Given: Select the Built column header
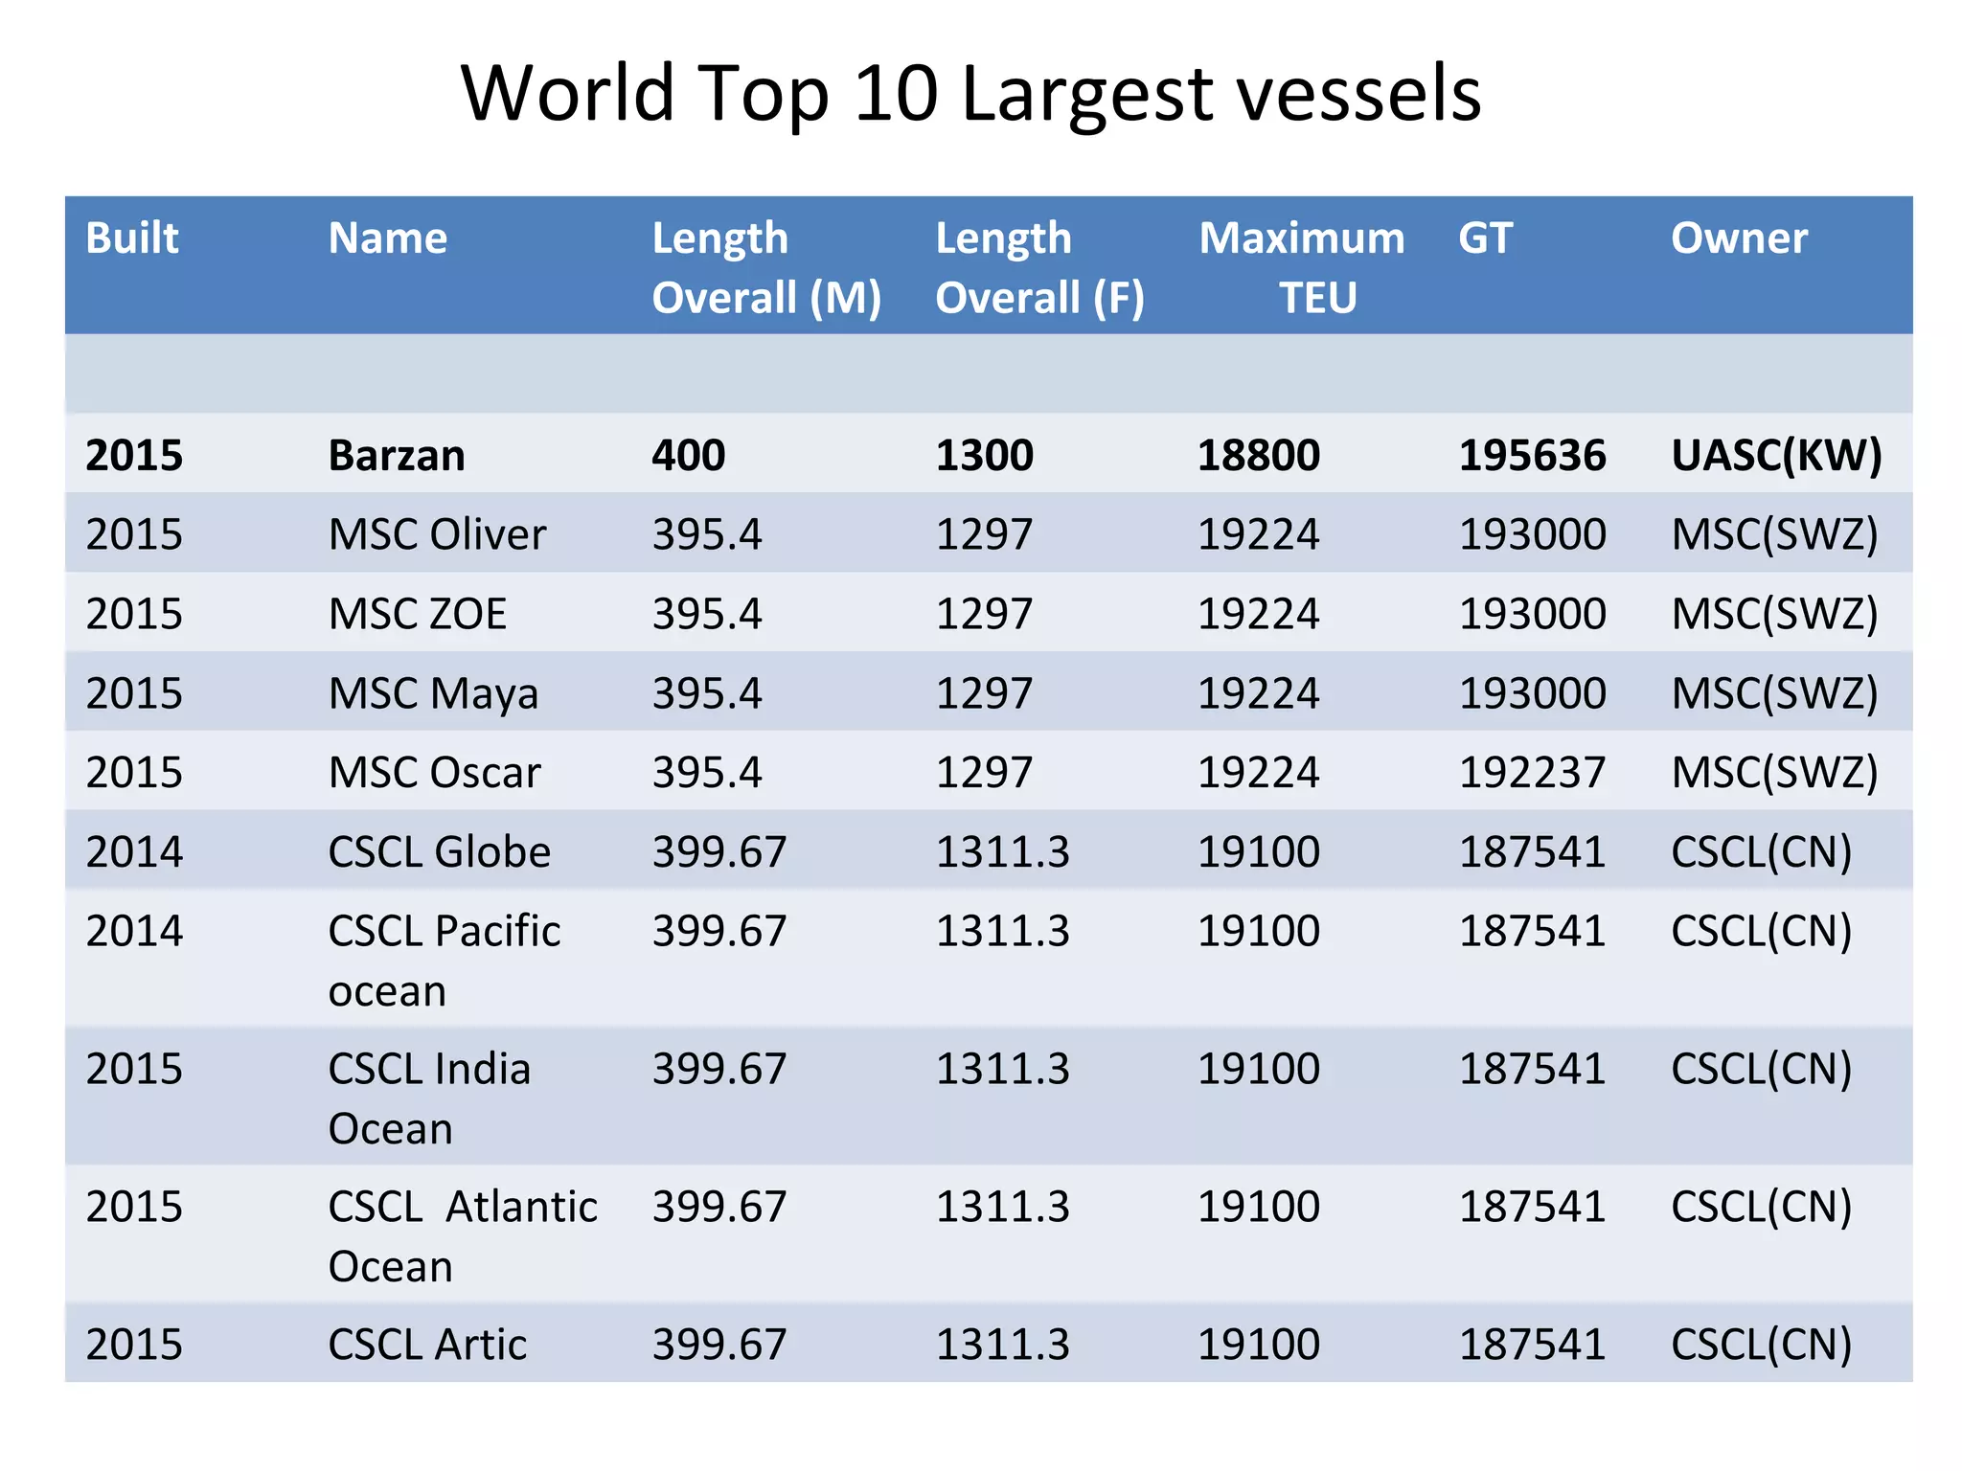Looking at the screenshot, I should tap(132, 238).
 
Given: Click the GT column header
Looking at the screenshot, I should tap(1485, 238).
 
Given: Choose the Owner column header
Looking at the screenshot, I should tap(1739, 238).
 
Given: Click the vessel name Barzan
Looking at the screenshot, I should tap(396, 455).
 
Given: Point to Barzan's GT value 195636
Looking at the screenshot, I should tap(1532, 455).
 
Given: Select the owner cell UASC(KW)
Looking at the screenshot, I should tap(1776, 455).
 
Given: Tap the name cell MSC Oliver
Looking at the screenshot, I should tap(437, 534).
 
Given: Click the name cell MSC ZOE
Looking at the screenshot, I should tap(417, 614).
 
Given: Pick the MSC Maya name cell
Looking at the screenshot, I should tap(433, 693).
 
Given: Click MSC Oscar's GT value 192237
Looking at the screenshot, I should tap(1532, 773).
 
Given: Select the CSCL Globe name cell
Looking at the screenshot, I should tap(439, 852).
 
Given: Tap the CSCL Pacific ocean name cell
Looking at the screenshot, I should tap(444, 960).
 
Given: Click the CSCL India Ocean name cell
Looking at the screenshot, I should tap(429, 1098).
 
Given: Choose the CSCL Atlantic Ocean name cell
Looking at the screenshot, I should tap(462, 1235).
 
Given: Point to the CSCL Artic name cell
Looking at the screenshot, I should tap(427, 1345).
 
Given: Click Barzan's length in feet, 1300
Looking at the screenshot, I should tap(984, 455).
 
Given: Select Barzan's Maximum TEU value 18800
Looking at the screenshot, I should tap(1259, 455).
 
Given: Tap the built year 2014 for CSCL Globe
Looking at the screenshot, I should tap(134, 852).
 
